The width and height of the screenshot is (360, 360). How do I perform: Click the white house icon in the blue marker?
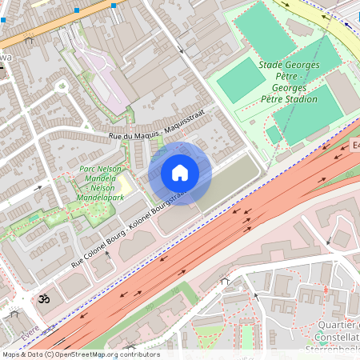coord(180,173)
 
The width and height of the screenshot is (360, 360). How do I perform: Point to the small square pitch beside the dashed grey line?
coord(274,134)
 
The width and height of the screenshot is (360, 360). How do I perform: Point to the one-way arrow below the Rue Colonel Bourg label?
coord(106,254)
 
